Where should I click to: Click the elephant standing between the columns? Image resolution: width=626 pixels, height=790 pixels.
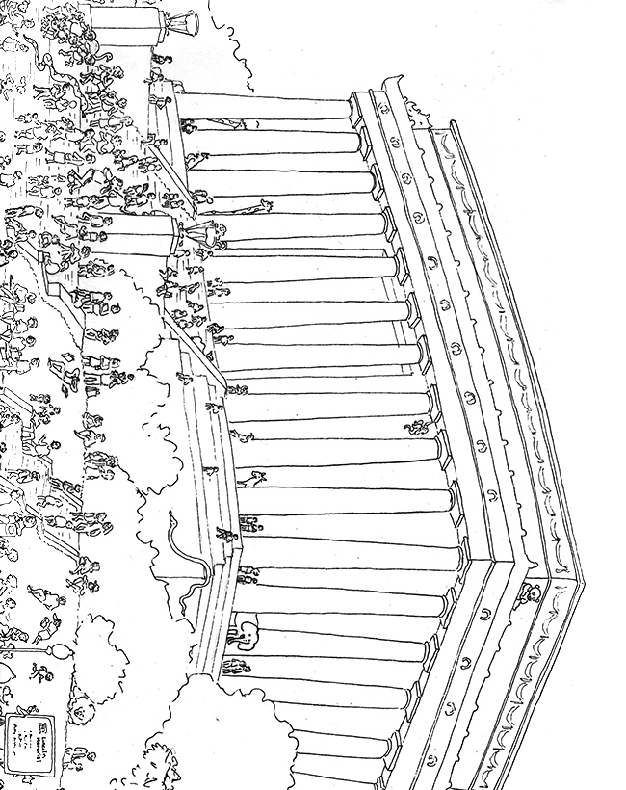pyautogui.click(x=241, y=631)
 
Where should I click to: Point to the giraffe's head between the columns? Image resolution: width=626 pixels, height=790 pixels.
pyautogui.click(x=262, y=203)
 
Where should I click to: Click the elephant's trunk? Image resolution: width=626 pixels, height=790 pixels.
pyautogui.click(x=230, y=636)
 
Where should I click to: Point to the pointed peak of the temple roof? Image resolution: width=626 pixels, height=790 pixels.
pyautogui.click(x=578, y=583)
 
